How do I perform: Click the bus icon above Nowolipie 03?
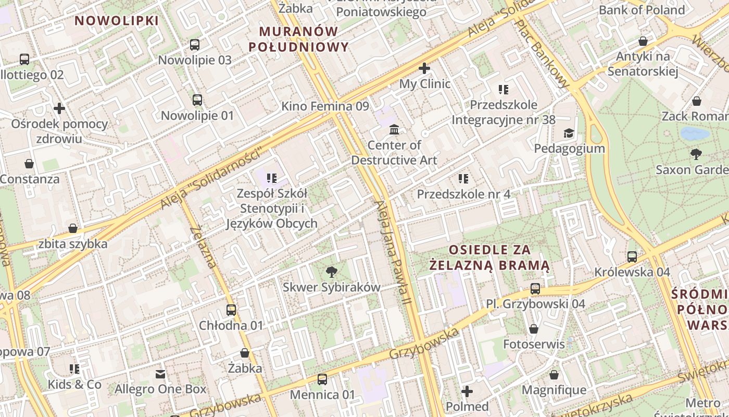click(x=195, y=45)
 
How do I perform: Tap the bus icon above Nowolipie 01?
click(x=197, y=100)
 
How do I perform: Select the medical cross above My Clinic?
click(x=424, y=68)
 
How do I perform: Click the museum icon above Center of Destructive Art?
click(x=394, y=129)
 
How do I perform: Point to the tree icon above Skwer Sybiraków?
click(x=331, y=272)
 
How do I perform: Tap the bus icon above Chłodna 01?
click(x=231, y=310)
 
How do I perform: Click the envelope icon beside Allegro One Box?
click(x=160, y=374)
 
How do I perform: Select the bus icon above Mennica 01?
click(x=322, y=379)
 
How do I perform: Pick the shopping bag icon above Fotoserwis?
click(x=534, y=329)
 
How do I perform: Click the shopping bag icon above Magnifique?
click(x=554, y=375)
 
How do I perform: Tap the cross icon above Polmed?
click(x=467, y=391)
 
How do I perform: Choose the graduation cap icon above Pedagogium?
click(x=569, y=133)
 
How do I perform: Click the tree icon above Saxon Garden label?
click(x=696, y=154)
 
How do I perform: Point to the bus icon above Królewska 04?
click(x=632, y=256)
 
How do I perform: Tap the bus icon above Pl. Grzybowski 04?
click(x=535, y=288)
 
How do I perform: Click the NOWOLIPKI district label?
click(x=117, y=21)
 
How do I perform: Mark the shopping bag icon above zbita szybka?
click(x=73, y=228)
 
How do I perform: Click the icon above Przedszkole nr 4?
click(x=463, y=179)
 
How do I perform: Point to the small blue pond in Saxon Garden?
click(x=695, y=134)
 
